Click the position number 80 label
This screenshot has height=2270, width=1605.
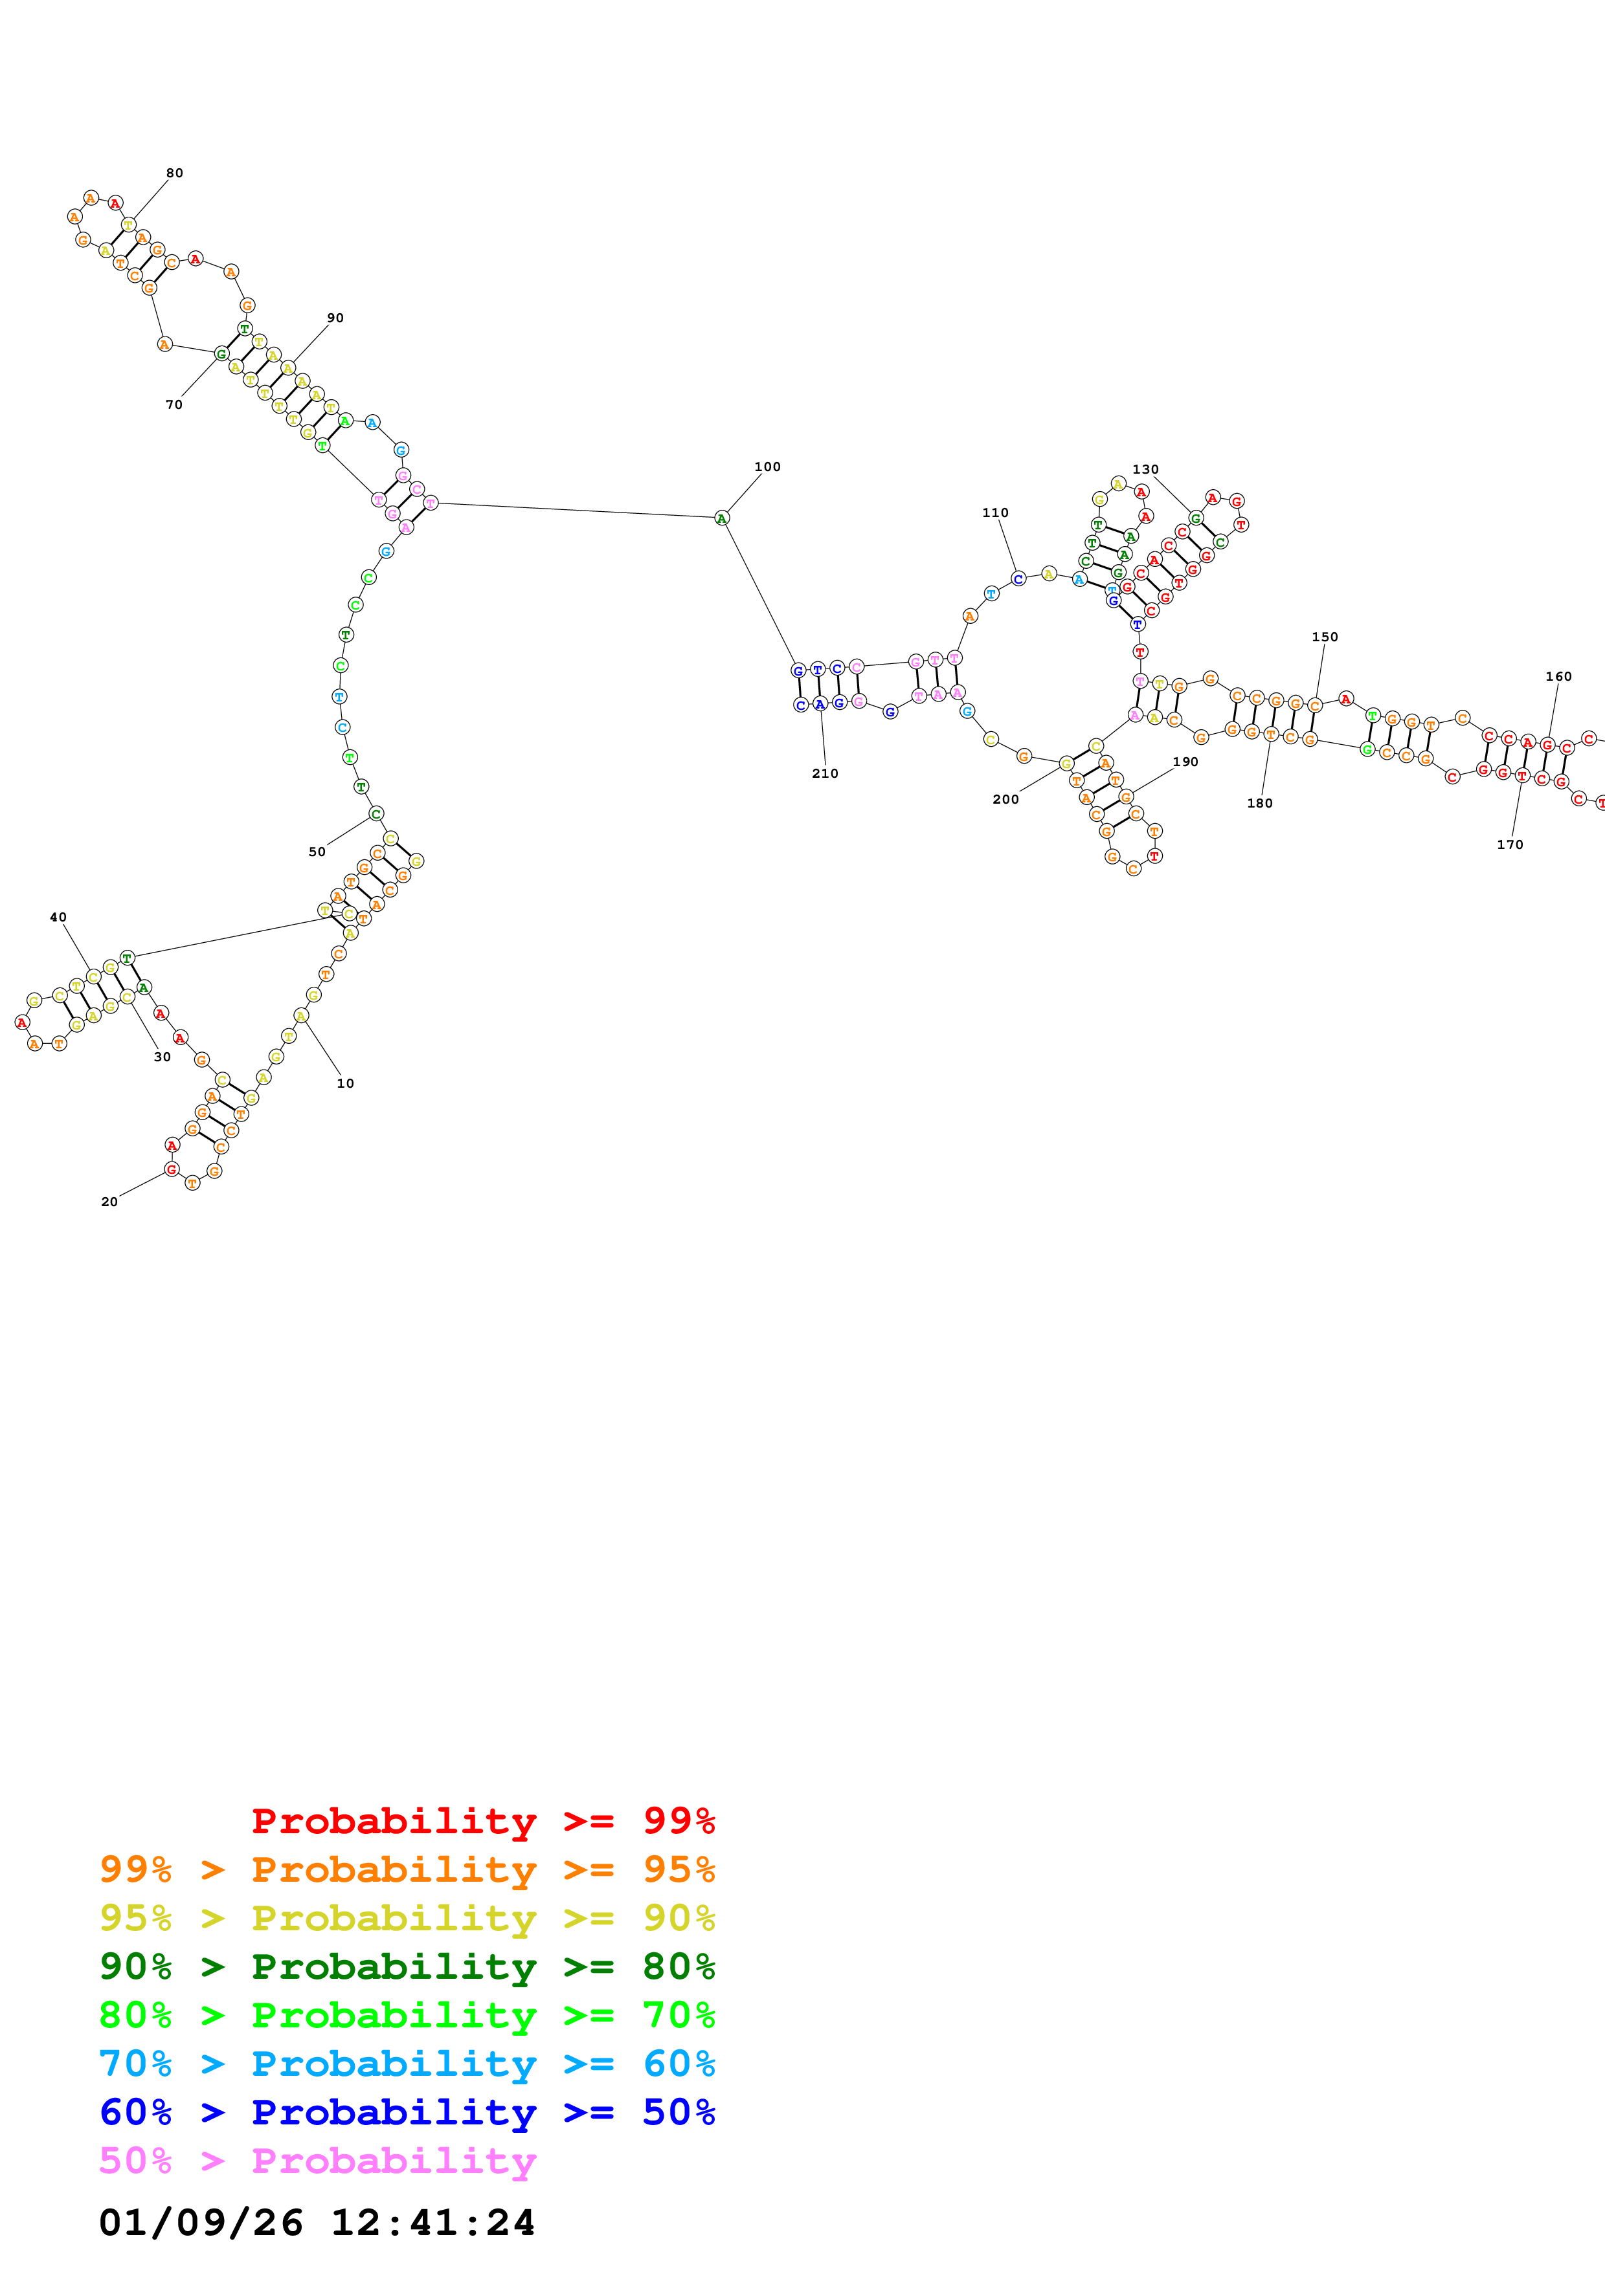(174, 173)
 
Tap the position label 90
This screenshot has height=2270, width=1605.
(335, 318)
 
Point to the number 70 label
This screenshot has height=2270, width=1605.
(174, 404)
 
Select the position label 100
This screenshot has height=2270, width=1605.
(767, 467)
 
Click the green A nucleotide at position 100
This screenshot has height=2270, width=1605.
(722, 518)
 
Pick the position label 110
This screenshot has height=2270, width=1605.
(995, 513)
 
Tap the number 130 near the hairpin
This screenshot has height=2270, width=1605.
(1145, 470)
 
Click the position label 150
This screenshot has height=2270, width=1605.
(1324, 637)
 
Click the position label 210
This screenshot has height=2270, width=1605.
(825, 774)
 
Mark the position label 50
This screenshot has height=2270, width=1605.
(317, 852)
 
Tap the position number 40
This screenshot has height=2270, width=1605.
(58, 918)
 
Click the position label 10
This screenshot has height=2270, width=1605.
(345, 1084)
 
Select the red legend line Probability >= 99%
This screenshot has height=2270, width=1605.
(482, 1821)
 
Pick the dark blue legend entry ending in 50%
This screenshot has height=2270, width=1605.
(407, 2112)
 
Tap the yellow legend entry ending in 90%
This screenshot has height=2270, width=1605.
(407, 1918)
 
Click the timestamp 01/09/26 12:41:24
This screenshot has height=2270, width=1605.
(317, 2223)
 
